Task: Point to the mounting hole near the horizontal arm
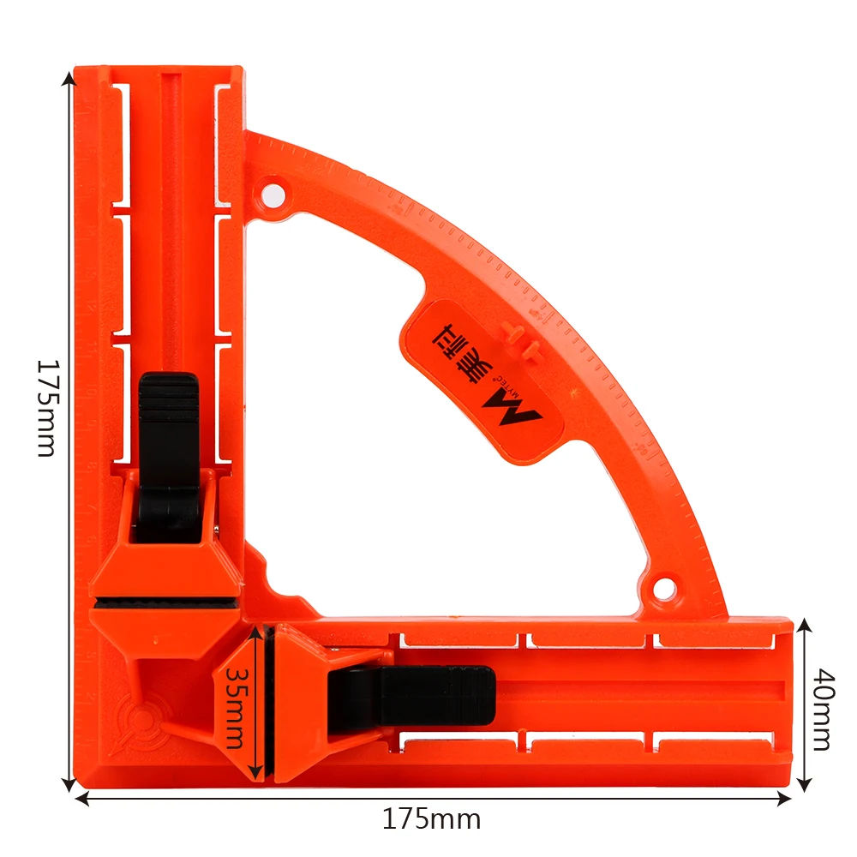tap(662, 589)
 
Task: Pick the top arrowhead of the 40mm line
tap(804, 625)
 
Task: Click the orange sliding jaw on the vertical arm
tap(167, 566)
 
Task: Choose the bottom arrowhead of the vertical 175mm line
tap(68, 785)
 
